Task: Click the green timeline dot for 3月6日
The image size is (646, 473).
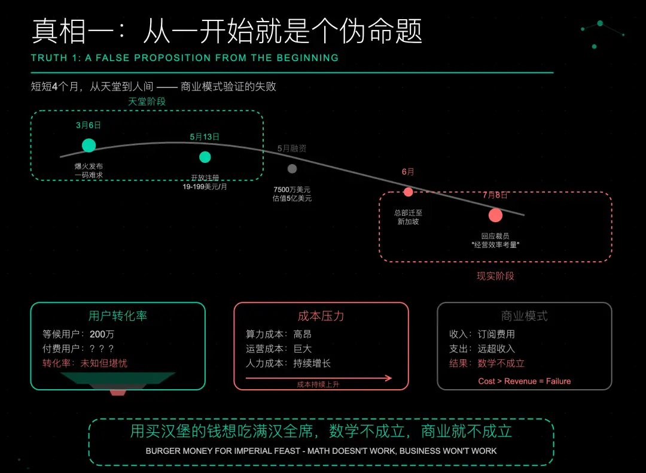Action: (89, 145)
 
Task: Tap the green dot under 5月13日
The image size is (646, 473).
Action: (205, 157)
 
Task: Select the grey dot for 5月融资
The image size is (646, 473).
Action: (292, 169)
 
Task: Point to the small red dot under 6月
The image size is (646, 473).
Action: (409, 192)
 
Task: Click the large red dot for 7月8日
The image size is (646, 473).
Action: (495, 216)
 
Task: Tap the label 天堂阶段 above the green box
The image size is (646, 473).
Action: (147, 102)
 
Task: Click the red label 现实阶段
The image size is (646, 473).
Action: (495, 276)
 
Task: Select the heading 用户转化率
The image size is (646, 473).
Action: (118, 316)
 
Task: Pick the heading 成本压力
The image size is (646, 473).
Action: (321, 316)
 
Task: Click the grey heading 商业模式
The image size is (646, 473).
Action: (525, 316)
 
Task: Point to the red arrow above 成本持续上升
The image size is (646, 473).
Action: (319, 378)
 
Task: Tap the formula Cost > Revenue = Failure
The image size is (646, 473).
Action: (525, 381)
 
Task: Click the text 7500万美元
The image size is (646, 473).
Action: (292, 190)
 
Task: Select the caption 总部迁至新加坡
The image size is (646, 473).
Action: (409, 217)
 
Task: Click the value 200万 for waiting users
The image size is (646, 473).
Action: (102, 334)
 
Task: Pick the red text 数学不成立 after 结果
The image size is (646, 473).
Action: (501, 363)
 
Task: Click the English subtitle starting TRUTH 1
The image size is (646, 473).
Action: (185, 58)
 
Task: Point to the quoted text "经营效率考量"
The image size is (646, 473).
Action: (495, 244)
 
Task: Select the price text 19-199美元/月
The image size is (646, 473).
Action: (205, 186)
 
